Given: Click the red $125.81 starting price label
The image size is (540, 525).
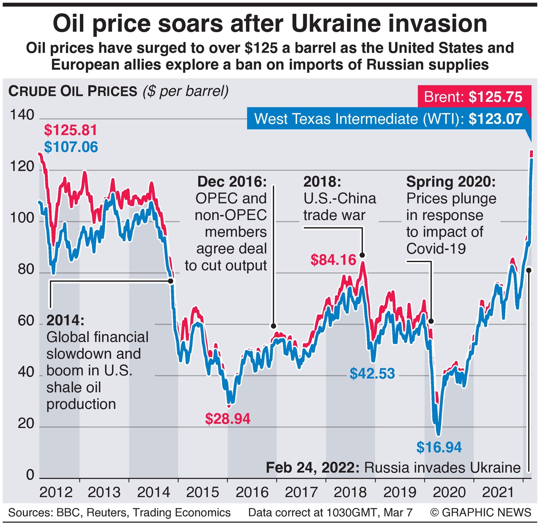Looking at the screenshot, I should click(71, 130).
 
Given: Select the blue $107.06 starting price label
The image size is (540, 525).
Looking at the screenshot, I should click(71, 147).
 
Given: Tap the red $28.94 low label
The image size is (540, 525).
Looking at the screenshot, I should click(228, 419).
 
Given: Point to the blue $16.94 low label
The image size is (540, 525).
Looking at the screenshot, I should click(439, 447).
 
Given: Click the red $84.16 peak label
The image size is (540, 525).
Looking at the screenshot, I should click(333, 260).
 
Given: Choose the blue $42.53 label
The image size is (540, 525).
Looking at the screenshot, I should click(372, 374).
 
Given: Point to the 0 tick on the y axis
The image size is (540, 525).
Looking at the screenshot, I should click(30, 475).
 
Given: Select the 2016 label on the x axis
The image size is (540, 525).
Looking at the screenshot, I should click(252, 492).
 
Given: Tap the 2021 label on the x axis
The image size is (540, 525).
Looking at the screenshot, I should click(498, 492).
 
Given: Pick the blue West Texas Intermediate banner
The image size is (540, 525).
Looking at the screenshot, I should click(388, 119).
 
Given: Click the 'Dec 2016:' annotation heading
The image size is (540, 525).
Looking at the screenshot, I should click(232, 182).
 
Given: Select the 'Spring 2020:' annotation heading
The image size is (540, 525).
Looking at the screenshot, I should click(451, 182).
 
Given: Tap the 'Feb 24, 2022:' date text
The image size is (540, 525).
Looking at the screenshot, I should click(313, 468).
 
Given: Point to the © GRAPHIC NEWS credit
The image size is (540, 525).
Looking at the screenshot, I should click(480, 513).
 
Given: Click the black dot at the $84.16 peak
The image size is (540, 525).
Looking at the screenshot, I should click(362, 255).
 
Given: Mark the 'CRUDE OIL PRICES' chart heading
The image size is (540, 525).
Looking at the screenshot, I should click(73, 91).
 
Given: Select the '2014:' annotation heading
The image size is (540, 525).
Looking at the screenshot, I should click(65, 320).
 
